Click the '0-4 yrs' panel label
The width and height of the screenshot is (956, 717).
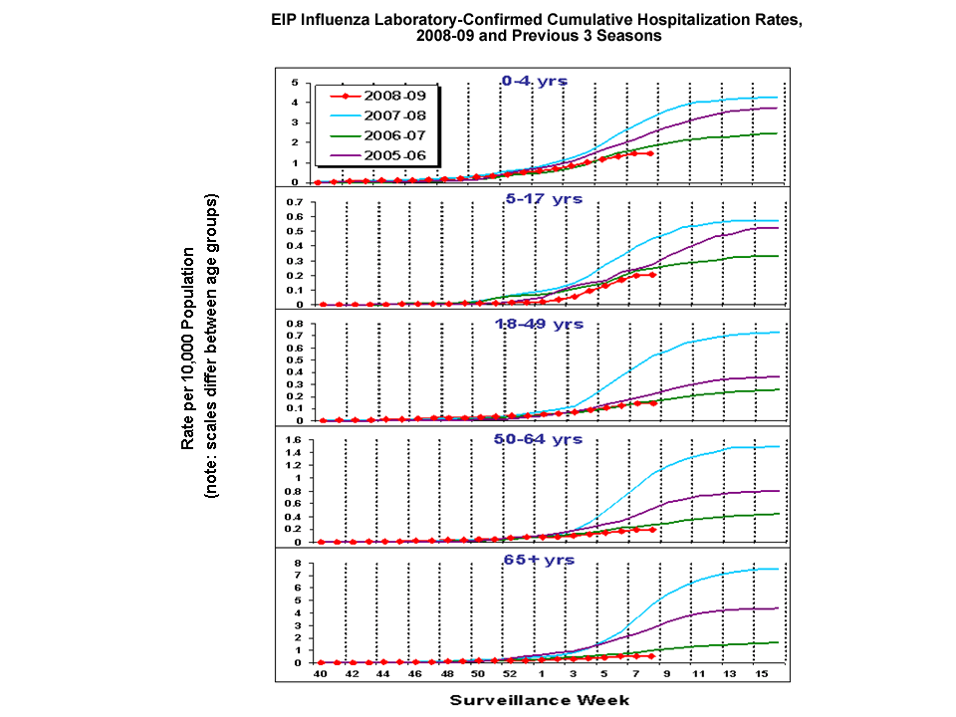(x=534, y=80)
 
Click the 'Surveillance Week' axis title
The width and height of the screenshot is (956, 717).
(x=540, y=699)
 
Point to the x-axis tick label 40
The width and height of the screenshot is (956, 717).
(x=320, y=674)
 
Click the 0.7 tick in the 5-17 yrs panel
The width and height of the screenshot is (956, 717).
(x=295, y=202)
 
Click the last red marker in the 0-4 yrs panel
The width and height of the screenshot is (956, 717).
(x=650, y=153)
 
